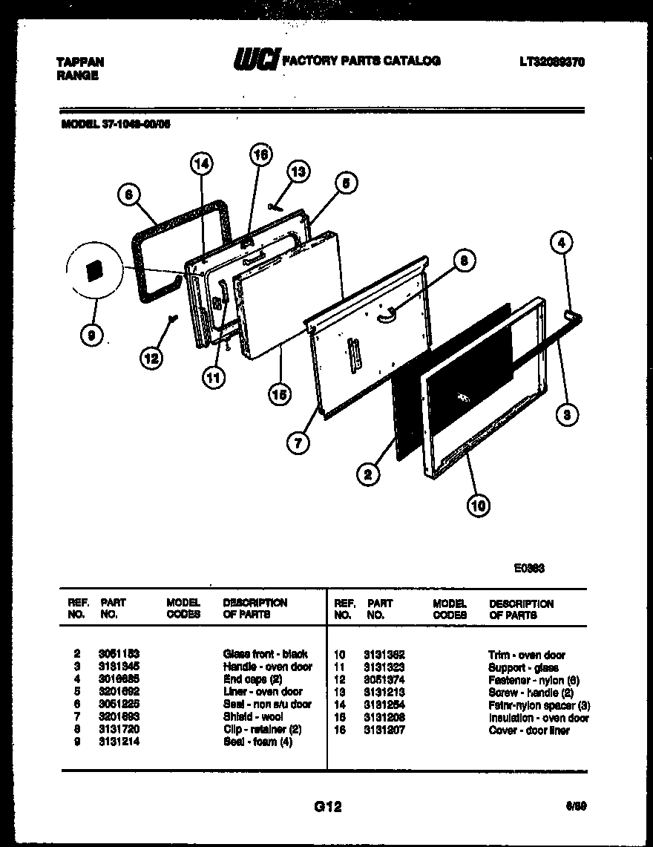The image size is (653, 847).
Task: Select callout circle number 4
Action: click(561, 242)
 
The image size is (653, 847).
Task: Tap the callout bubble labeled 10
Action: click(479, 506)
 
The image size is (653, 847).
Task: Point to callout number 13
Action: click(297, 172)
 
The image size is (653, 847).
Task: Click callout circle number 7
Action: click(298, 444)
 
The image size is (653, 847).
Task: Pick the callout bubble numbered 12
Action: click(151, 359)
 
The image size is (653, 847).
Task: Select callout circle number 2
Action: click(367, 473)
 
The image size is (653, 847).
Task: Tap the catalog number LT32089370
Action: click(551, 63)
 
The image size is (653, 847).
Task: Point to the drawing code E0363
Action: click(530, 569)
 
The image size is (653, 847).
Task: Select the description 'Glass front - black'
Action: click(265, 654)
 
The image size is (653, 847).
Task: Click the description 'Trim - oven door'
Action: click(526, 655)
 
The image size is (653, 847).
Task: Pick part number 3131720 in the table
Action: click(119, 730)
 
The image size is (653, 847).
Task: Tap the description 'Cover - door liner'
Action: click(528, 730)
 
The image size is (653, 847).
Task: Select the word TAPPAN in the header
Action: click(80, 62)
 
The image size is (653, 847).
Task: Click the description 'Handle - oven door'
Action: click(267, 667)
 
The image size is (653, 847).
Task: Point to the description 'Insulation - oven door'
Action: click(538, 718)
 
